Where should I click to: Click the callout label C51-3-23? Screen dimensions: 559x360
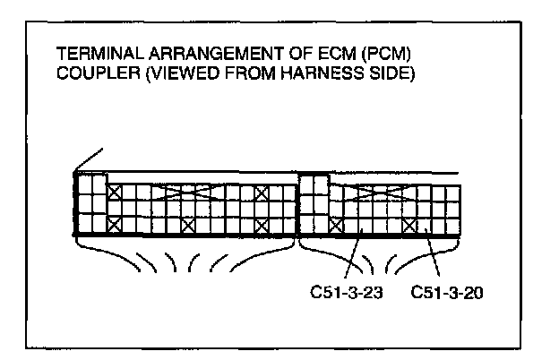click(x=340, y=293)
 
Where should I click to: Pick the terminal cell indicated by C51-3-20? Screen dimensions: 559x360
click(x=425, y=226)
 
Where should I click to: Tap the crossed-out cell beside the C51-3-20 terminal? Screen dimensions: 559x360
click(x=410, y=226)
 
